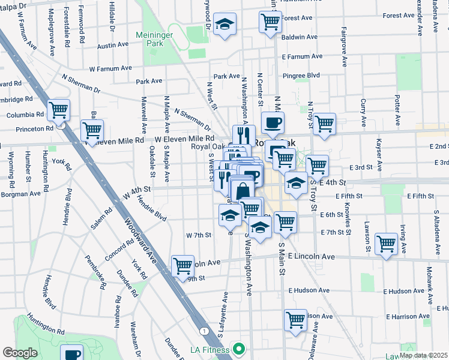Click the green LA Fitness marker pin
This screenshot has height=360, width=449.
tap(240, 349)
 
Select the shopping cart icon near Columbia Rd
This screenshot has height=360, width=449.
tap(59, 110)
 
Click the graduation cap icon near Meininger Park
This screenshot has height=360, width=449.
tap(225, 24)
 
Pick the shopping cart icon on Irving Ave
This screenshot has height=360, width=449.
tap(386, 244)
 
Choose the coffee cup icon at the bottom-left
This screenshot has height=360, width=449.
tap(71, 353)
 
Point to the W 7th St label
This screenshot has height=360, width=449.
tap(198, 235)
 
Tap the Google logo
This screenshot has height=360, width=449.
tap(20, 353)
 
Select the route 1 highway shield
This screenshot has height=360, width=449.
tap(205, 331)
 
